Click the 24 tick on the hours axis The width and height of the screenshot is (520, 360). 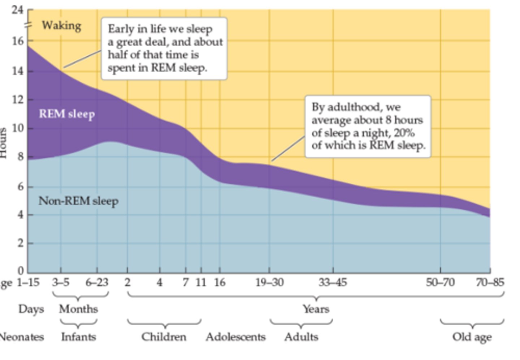[17, 9]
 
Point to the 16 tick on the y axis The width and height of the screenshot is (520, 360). [17, 41]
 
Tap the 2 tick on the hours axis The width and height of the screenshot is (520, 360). [20, 243]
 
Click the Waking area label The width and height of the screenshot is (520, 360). [61, 26]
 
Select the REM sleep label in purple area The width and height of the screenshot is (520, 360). [67, 114]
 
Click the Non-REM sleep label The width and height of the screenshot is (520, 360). [78, 201]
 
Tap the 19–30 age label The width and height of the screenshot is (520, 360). [269, 282]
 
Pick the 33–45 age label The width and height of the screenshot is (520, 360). [333, 282]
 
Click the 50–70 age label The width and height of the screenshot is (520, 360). [440, 282]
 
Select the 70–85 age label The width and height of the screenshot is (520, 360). [490, 282]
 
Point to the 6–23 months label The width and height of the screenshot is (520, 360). [97, 282]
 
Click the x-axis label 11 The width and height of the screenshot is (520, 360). [201, 282]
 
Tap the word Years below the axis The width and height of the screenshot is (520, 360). [316, 309]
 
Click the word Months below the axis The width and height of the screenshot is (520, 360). [78, 309]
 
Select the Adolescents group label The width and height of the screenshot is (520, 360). [235, 337]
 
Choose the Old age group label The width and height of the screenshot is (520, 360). [472, 337]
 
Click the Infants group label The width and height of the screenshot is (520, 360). [78, 337]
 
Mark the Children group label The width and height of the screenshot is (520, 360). [164, 337]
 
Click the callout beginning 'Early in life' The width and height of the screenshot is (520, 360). [164, 48]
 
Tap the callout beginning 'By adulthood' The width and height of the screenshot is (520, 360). [368, 127]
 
